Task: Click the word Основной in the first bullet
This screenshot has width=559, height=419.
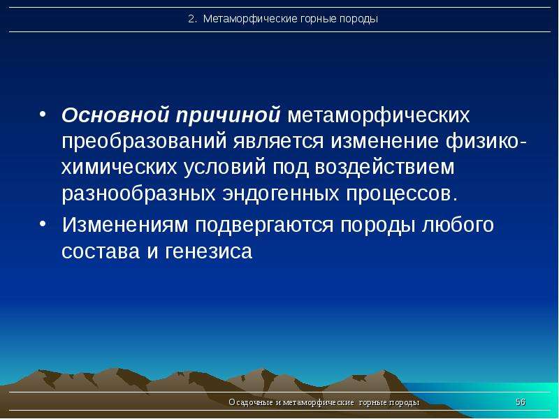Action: point(115,115)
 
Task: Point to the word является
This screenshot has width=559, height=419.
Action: point(278,141)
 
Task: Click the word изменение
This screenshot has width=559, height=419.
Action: point(384,141)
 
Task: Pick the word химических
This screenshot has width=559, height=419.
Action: point(119,168)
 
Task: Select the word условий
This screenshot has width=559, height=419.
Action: point(224,168)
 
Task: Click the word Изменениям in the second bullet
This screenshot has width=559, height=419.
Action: point(125,225)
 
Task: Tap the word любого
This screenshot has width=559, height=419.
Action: point(458,225)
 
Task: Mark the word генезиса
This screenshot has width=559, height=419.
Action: point(209,252)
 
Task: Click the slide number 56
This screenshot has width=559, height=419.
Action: point(521,402)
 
